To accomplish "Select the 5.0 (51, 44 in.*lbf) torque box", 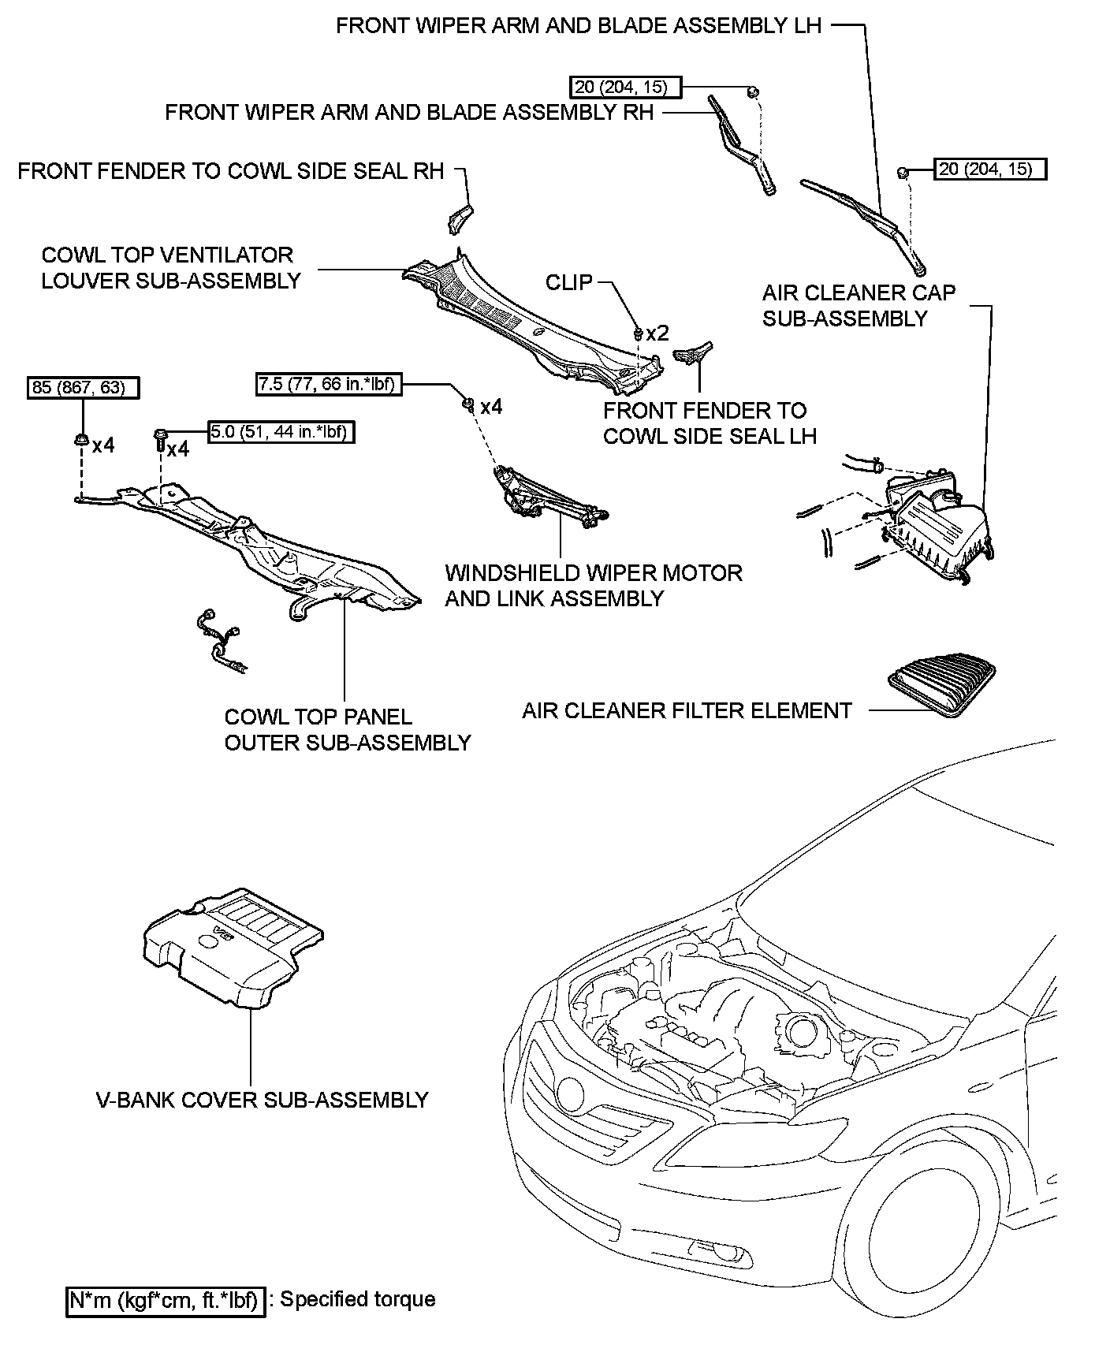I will coord(281,432).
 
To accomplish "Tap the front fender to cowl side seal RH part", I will coord(460,216).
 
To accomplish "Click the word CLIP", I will coord(569,282).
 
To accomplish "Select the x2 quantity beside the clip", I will coord(657,333).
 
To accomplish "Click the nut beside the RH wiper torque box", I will coord(753,91).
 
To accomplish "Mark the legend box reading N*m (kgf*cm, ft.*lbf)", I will coord(165,1299).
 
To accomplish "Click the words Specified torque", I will coord(358,1298).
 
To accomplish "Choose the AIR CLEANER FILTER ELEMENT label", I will coord(687,710).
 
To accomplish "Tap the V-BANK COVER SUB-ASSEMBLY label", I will coord(263,1100).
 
